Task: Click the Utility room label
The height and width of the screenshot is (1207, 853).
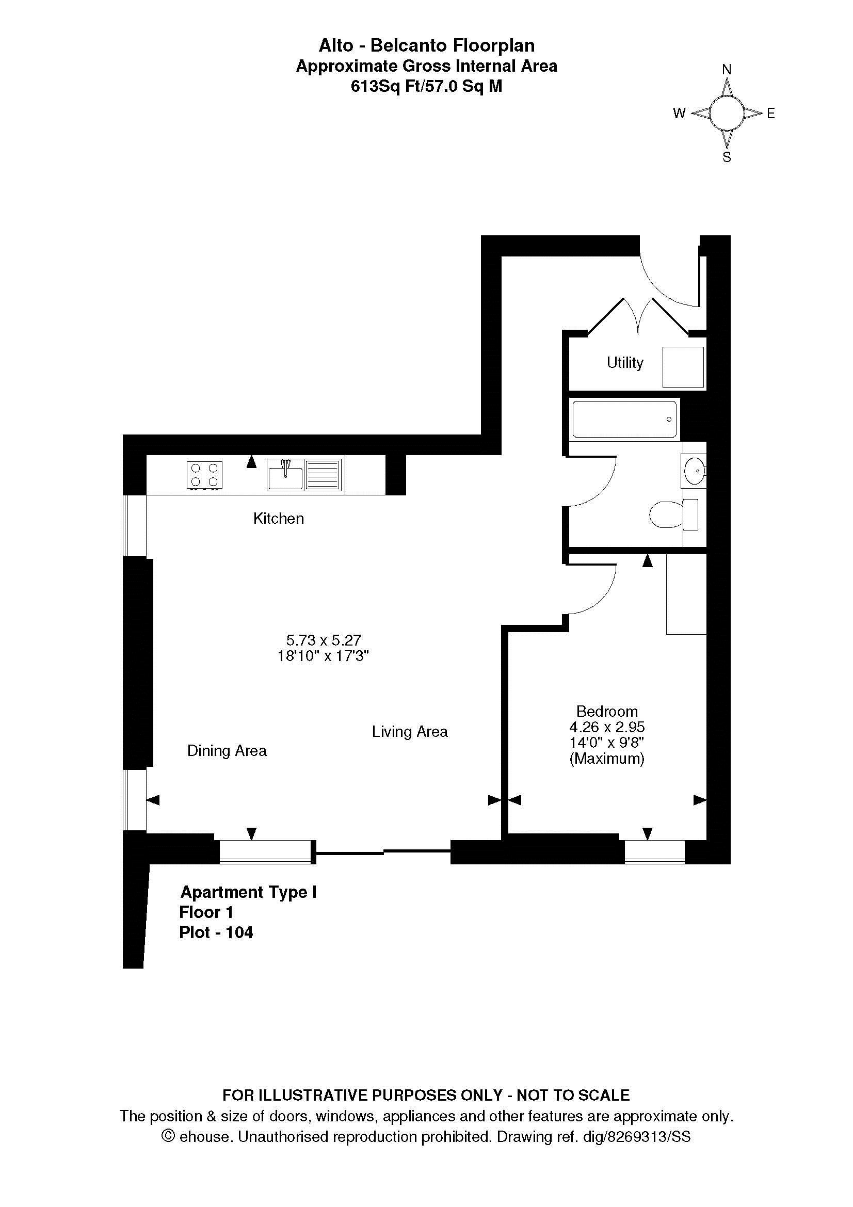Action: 625,363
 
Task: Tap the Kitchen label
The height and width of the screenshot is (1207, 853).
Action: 279,518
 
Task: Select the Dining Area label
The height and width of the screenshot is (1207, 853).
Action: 227,751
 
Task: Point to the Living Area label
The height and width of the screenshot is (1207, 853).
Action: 410,732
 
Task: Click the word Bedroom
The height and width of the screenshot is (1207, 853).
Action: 607,711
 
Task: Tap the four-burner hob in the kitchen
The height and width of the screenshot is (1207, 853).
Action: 204,475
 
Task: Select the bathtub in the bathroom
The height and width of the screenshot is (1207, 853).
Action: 624,420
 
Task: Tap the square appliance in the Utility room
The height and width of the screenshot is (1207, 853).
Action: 683,367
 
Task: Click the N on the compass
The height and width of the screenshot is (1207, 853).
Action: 727,69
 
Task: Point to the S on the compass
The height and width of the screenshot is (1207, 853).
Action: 727,157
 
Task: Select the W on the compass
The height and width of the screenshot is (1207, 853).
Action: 680,113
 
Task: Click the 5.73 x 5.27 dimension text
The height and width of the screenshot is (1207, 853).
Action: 324,640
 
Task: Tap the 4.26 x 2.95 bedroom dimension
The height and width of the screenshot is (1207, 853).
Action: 607,727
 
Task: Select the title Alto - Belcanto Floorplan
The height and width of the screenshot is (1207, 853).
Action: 427,46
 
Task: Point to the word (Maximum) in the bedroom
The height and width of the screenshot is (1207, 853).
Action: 607,759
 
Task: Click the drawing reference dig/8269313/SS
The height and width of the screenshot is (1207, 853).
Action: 637,1137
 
